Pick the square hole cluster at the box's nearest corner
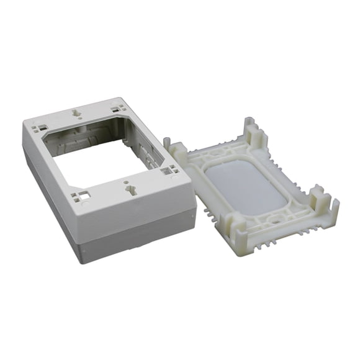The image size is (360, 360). [79, 197]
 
